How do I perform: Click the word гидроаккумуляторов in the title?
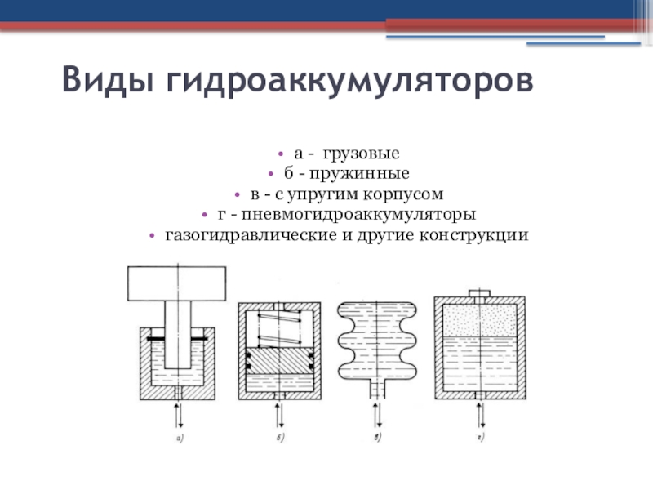[x=350, y=83]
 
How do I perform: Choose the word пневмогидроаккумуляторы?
[x=356, y=216]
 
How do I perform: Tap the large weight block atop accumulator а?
[x=175, y=283]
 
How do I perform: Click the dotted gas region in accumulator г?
[x=479, y=320]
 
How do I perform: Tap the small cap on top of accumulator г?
[x=479, y=293]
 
